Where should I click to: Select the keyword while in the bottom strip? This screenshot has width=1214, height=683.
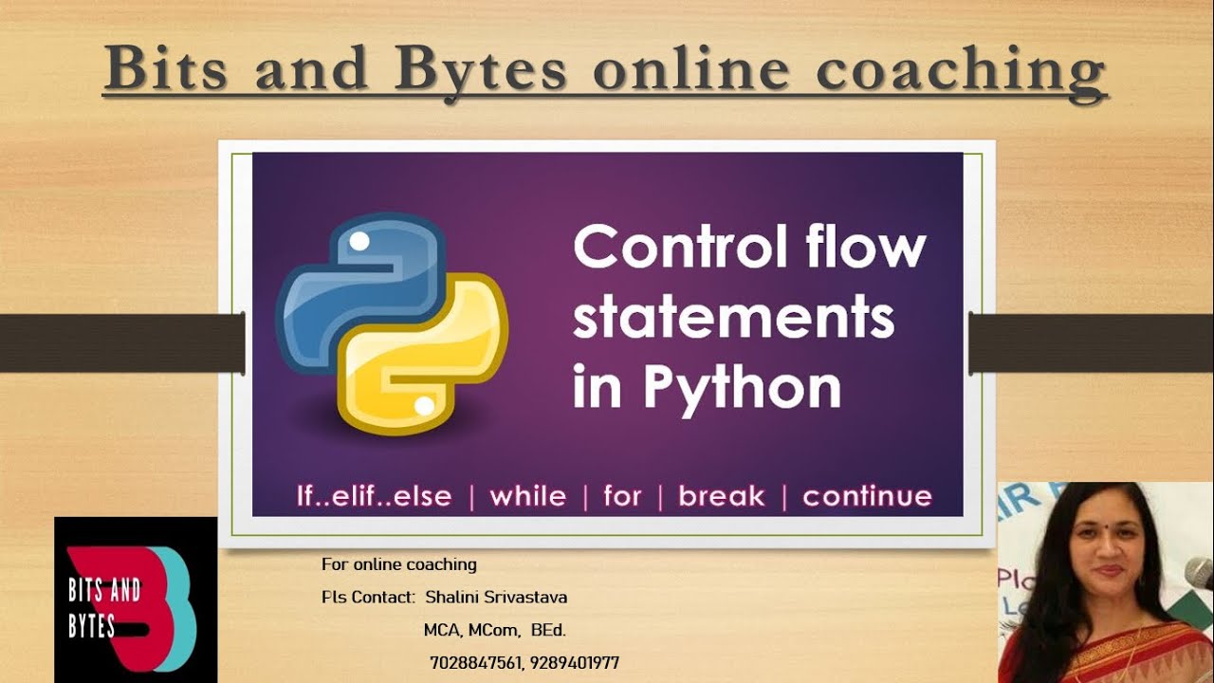tap(527, 496)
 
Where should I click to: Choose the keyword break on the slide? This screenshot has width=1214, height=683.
tap(722, 496)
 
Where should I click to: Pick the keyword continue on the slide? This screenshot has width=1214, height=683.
tap(867, 496)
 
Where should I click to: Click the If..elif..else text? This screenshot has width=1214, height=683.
tap(374, 496)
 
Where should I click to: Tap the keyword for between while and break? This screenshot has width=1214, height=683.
tap(622, 496)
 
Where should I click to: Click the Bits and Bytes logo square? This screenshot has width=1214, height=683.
tap(136, 600)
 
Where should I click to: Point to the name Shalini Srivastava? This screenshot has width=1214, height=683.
tap(496, 598)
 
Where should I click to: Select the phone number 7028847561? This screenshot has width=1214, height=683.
tap(475, 663)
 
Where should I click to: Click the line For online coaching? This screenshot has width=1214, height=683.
tap(398, 564)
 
